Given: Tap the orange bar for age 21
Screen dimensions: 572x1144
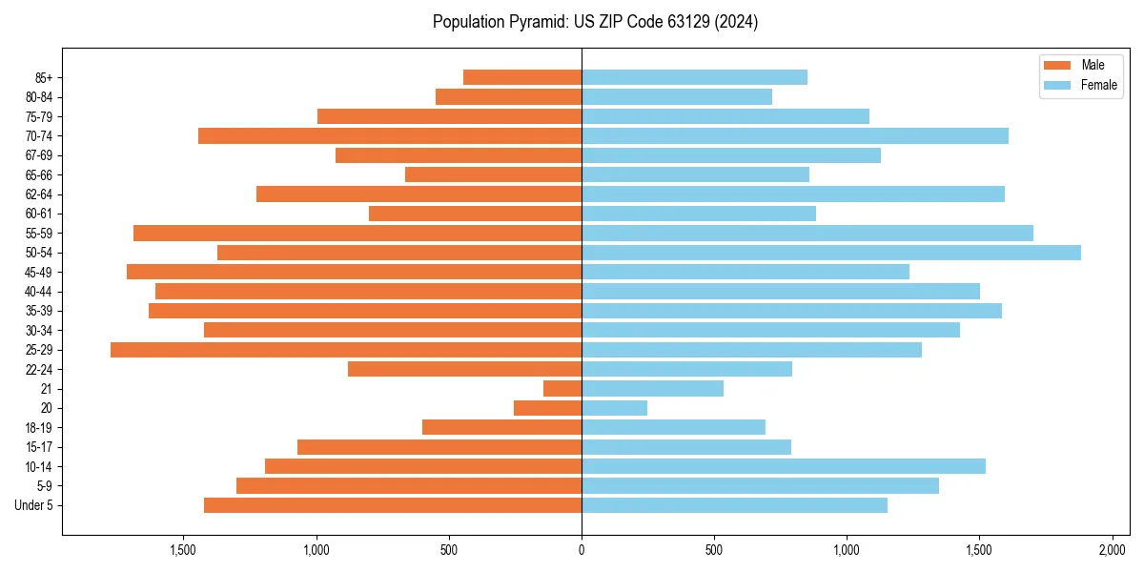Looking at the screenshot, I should click(562, 389).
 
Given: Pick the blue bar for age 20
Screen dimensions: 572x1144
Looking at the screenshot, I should click(614, 408).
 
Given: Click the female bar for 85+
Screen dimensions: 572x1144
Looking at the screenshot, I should click(694, 77).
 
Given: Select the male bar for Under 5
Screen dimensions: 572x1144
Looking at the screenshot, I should click(393, 505).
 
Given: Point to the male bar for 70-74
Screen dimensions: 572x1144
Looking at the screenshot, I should click(390, 135).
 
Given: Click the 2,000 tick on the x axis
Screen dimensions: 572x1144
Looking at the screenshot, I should click(1113, 551).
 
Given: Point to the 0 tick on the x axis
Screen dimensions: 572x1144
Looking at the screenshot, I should click(582, 551).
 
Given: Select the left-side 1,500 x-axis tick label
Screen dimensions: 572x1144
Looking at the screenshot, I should click(183, 551).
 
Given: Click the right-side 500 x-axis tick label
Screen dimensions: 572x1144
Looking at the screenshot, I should click(714, 551).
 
